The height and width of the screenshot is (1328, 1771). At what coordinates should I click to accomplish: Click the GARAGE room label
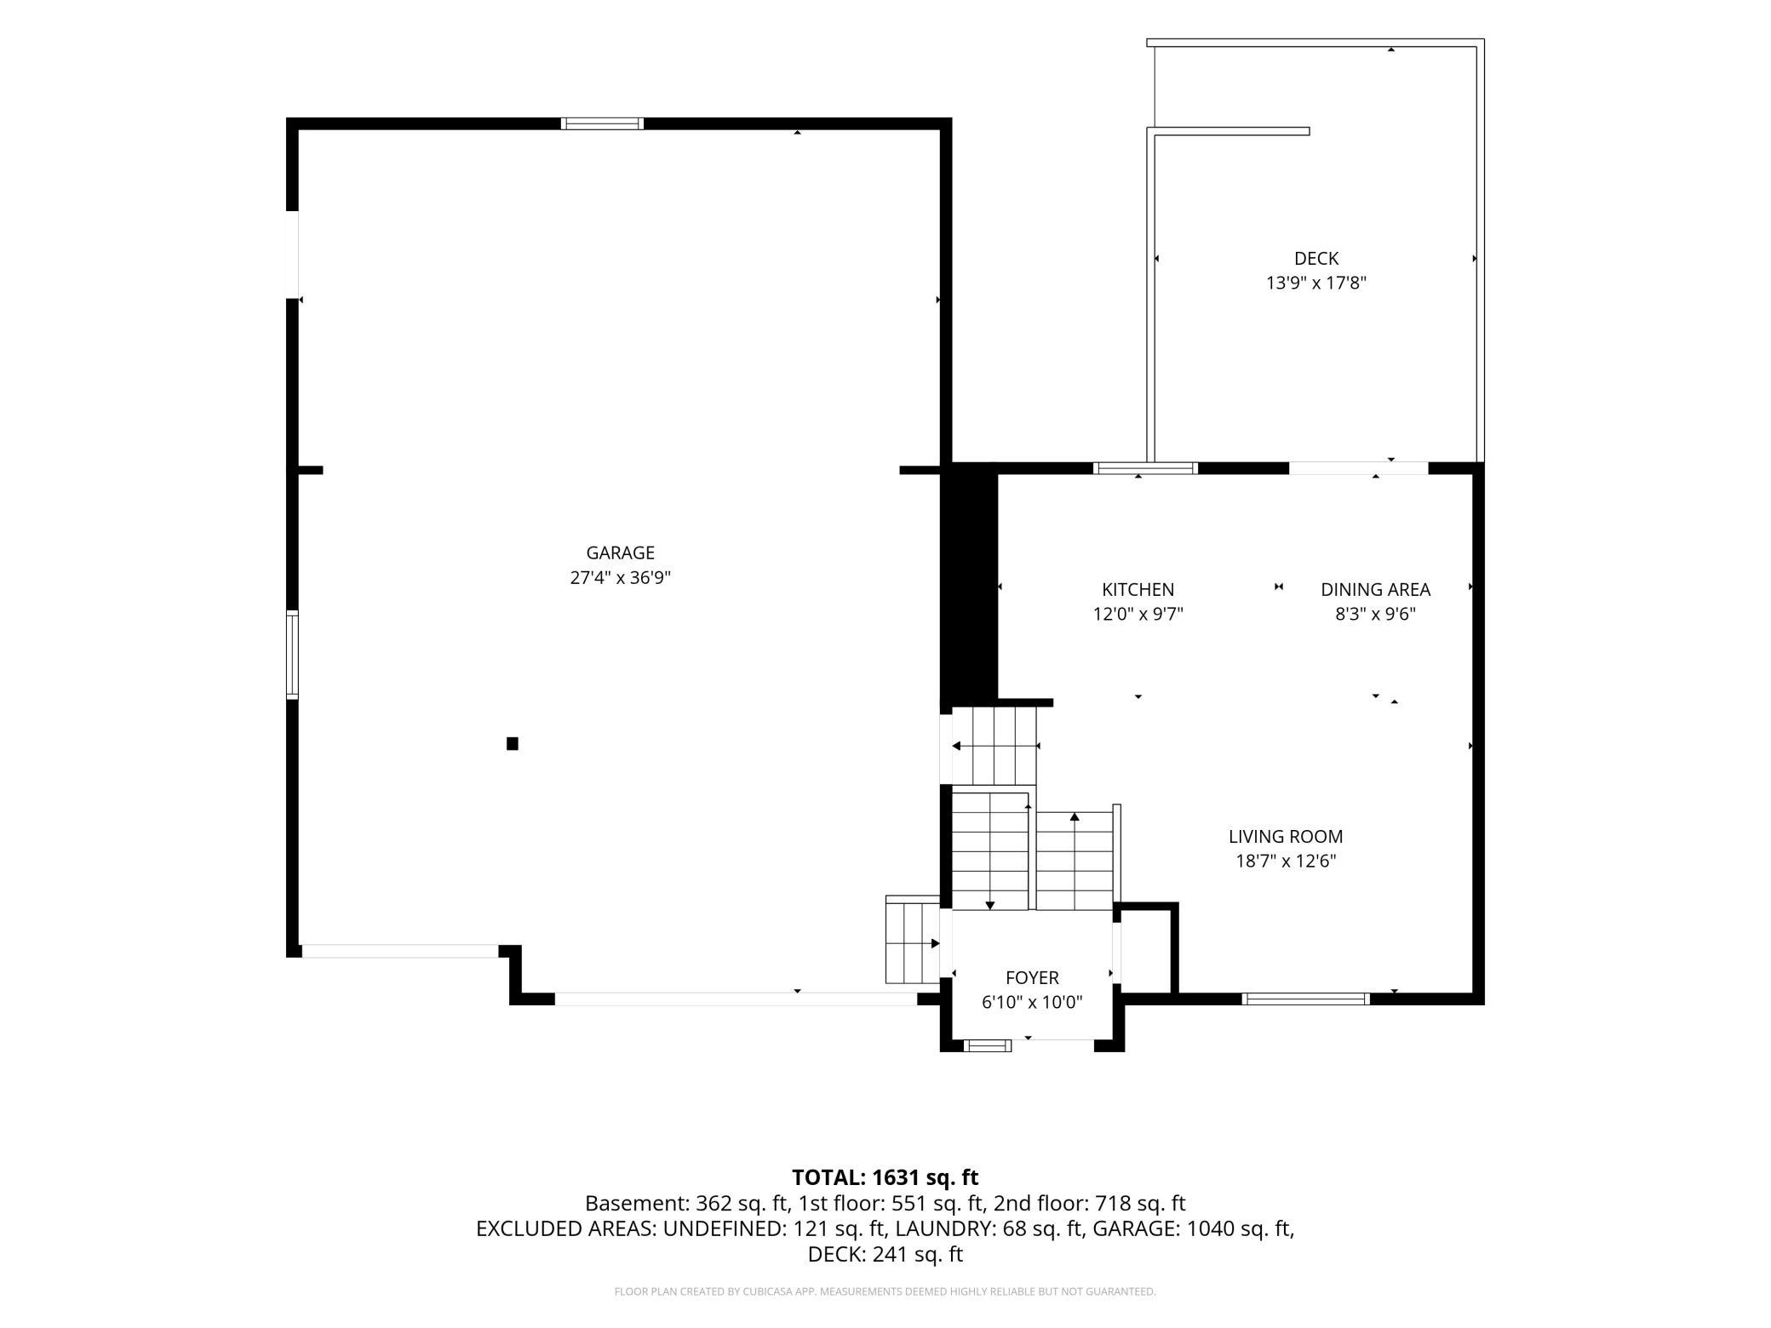pos(620,552)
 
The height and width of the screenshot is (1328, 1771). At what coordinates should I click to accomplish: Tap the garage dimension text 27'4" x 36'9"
pos(620,578)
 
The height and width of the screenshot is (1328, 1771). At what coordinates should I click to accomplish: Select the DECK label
pos(1316,258)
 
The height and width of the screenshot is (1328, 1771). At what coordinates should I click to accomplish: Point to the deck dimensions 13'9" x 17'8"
pos(1316,283)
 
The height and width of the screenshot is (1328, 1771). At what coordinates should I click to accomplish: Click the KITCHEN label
pos(1138,589)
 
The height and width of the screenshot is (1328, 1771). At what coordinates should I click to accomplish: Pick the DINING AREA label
pos(1375,589)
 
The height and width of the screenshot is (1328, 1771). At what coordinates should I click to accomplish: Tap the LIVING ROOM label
pos(1286,837)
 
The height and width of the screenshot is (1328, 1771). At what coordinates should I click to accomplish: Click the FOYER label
pos(1032,978)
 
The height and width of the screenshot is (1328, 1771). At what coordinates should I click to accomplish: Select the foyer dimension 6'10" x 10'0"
pos(1032,1003)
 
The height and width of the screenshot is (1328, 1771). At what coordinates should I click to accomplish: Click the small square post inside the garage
pos(513,743)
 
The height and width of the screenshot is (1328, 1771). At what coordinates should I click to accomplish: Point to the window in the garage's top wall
pos(602,123)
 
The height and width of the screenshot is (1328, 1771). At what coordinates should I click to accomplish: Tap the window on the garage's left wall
pos(293,655)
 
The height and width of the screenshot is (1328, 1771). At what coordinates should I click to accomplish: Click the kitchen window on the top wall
pos(1145,467)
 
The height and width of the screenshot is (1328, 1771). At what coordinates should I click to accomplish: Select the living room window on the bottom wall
pos(1305,999)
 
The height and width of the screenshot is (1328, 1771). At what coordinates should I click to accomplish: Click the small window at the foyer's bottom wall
pos(988,1045)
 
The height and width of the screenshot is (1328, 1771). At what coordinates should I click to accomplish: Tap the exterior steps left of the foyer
pos(913,940)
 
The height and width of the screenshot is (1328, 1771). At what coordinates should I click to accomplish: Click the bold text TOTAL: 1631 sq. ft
pos(885,1177)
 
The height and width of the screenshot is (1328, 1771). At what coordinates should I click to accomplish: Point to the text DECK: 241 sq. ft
pos(885,1254)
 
